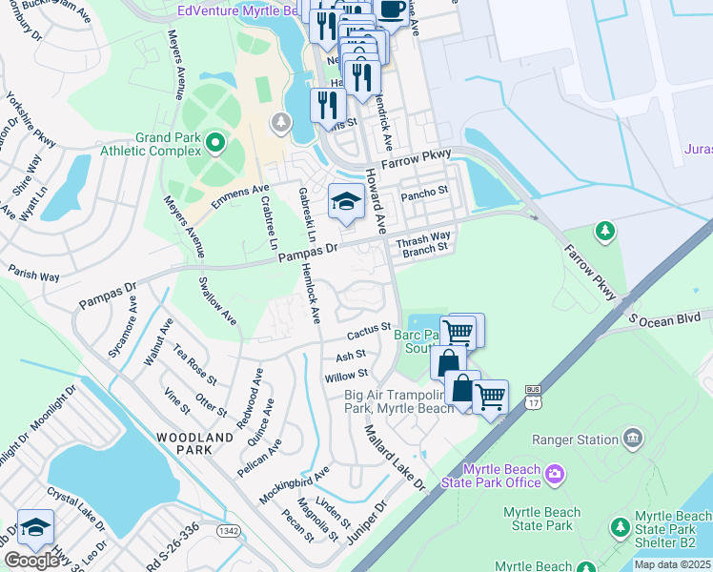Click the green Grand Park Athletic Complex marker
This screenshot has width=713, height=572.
click(215, 144)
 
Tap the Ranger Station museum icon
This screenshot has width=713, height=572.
click(631, 439)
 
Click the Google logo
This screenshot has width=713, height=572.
click(31, 560)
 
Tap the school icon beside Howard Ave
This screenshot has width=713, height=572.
click(344, 201)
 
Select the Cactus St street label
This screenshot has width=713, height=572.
click(369, 331)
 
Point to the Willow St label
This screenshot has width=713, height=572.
click(346, 377)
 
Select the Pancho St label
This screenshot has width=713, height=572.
click(424, 194)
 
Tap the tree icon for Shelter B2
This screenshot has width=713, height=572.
click(621, 526)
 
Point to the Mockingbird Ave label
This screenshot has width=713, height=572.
click(296, 484)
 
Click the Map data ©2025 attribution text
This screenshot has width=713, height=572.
click(672, 564)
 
